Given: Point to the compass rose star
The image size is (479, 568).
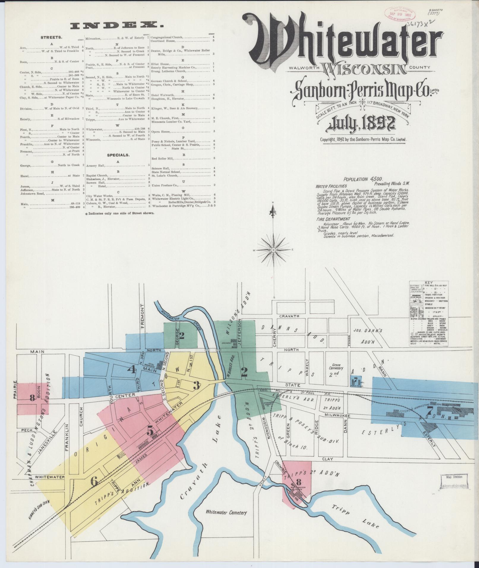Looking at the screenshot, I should (x=273, y=250).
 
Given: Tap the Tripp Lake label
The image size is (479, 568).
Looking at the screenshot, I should (x=353, y=517).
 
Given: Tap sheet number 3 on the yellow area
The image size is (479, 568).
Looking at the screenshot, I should (x=196, y=386).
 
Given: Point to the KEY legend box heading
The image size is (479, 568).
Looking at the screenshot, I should (x=429, y=283).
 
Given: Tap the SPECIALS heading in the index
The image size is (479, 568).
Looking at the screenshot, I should (x=118, y=155).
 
